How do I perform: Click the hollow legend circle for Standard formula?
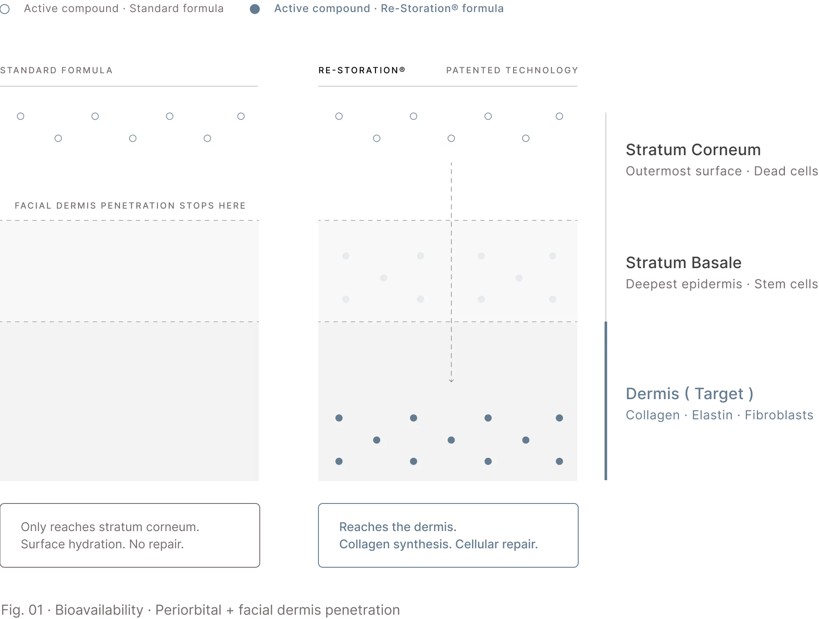tap(5, 9)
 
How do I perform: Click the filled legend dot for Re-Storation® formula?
tap(255, 9)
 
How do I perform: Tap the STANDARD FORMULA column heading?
tap(56, 70)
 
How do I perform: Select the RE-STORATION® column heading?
tap(362, 70)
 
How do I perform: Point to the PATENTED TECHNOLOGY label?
tap(512, 70)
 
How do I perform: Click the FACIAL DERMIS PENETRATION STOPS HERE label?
tap(130, 206)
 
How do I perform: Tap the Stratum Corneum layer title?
tap(693, 150)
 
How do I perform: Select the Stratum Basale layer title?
tap(684, 263)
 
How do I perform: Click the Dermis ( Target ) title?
tap(690, 394)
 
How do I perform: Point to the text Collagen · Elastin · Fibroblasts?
tap(719, 415)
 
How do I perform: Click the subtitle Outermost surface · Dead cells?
tap(722, 171)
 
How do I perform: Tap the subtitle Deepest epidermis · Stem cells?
tap(722, 284)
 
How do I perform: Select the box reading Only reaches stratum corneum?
tap(130, 535)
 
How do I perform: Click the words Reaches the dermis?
tap(398, 527)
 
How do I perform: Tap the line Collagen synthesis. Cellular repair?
tap(438, 544)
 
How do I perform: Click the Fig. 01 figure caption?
tap(200, 610)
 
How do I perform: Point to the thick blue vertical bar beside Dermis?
tap(606, 401)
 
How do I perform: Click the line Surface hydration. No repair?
tap(102, 544)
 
